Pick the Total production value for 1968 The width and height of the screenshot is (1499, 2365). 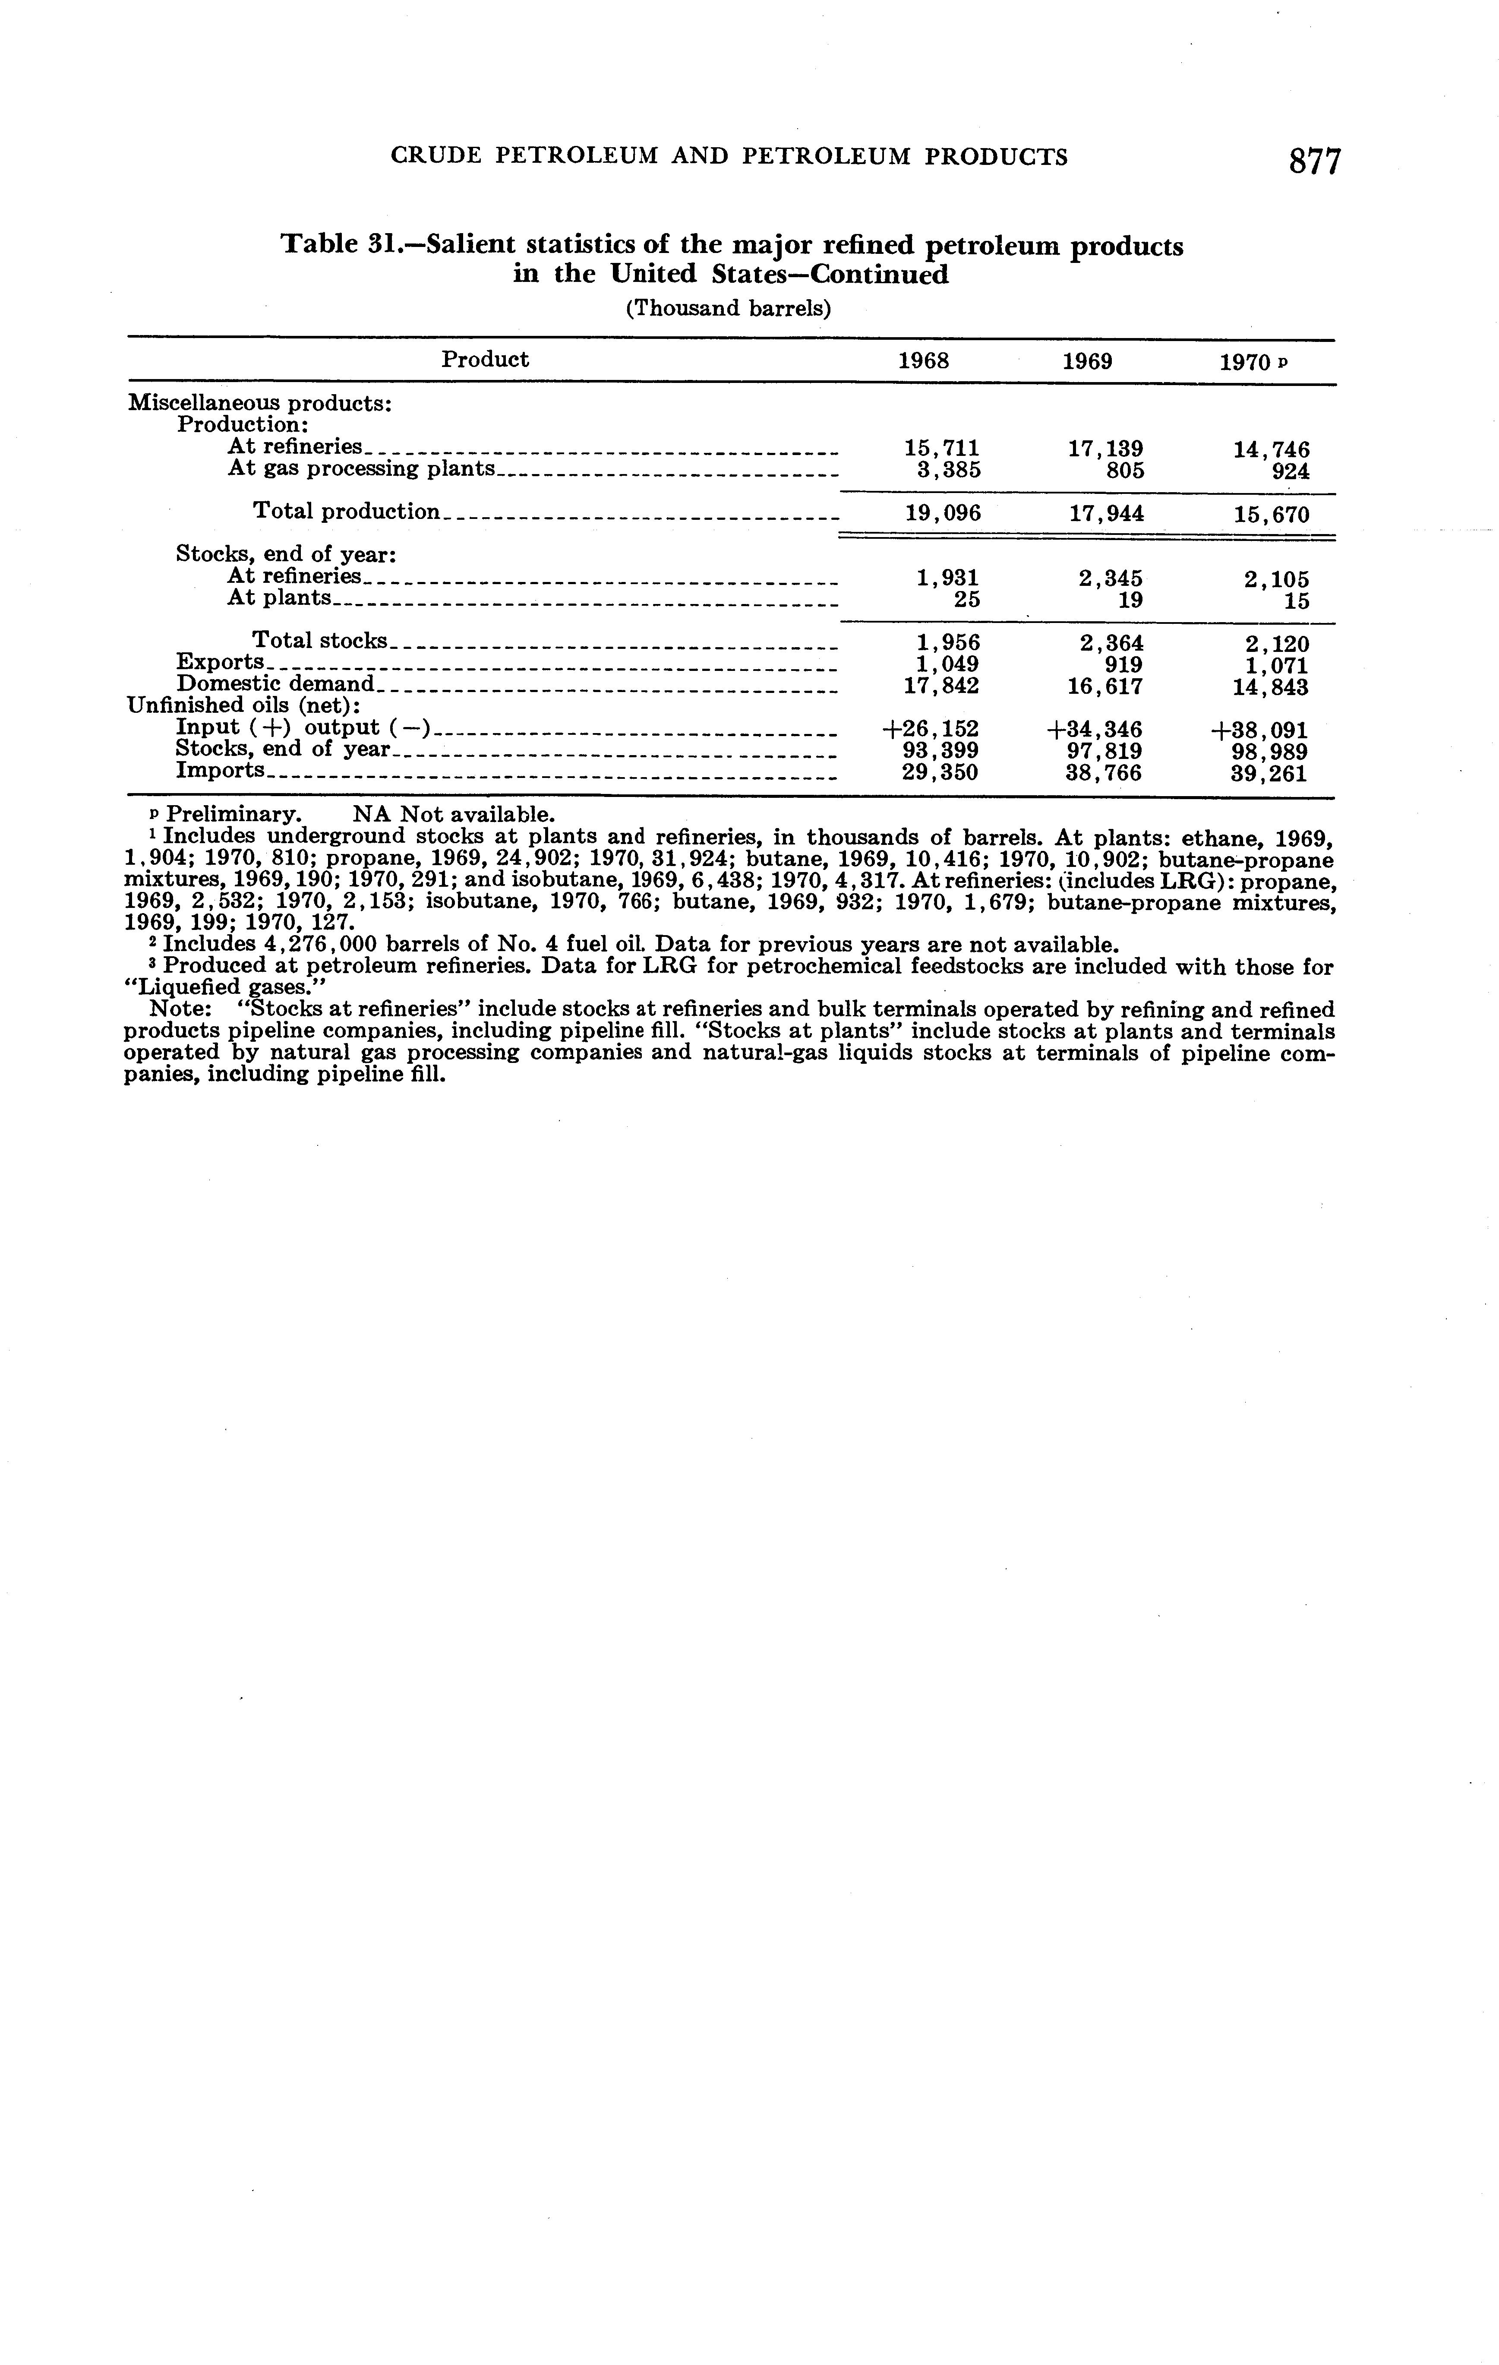coord(941,513)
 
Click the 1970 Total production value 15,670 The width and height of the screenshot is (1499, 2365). coord(1271,514)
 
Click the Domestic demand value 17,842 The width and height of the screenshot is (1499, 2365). coord(941,686)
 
